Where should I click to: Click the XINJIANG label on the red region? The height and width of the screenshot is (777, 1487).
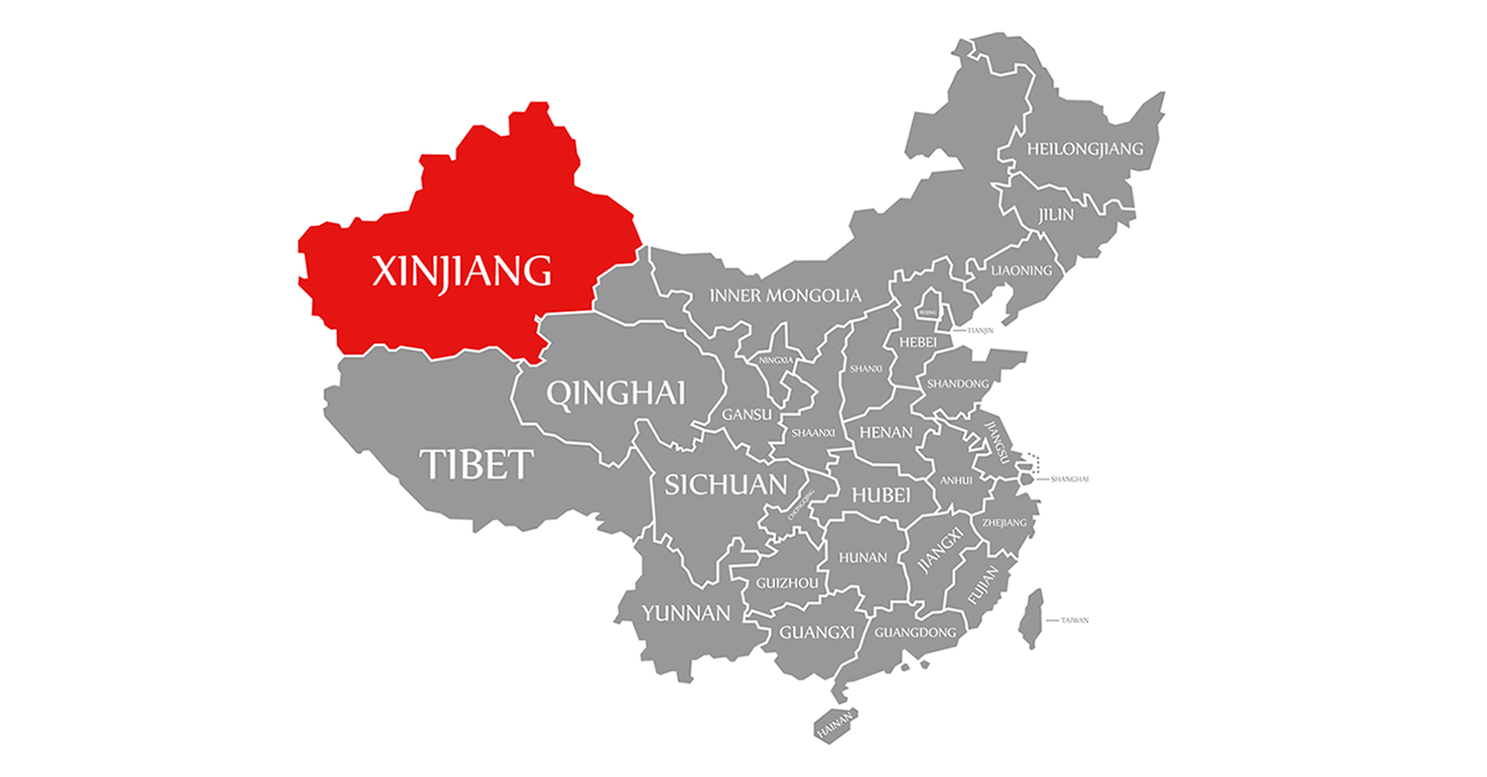(x=462, y=272)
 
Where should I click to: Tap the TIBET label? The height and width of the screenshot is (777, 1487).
(x=476, y=465)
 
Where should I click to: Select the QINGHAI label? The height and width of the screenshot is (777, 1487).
(x=616, y=394)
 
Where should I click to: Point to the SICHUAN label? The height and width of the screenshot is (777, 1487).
(x=725, y=484)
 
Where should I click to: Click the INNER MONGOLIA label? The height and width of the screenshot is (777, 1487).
(x=785, y=295)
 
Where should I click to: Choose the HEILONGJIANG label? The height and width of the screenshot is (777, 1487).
(x=1085, y=149)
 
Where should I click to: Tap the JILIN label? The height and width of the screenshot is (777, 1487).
(x=1056, y=215)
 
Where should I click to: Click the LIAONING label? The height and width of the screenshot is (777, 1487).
(x=1022, y=271)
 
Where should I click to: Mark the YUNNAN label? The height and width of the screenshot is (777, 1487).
(x=686, y=613)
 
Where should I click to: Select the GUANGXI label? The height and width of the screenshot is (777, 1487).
(x=816, y=632)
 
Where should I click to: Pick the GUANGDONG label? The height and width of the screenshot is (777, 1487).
(x=915, y=632)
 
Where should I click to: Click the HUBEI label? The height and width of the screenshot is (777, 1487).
(x=880, y=495)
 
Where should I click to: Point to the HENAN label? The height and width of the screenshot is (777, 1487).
(x=886, y=432)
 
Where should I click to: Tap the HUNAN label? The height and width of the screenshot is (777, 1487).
(x=863, y=557)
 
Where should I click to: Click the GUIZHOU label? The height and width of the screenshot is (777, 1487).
(x=787, y=583)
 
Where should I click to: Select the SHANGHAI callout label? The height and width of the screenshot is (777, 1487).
(x=1069, y=479)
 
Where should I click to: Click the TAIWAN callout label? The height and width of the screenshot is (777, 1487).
(x=1074, y=620)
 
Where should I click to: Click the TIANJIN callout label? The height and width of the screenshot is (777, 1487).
(x=979, y=330)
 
